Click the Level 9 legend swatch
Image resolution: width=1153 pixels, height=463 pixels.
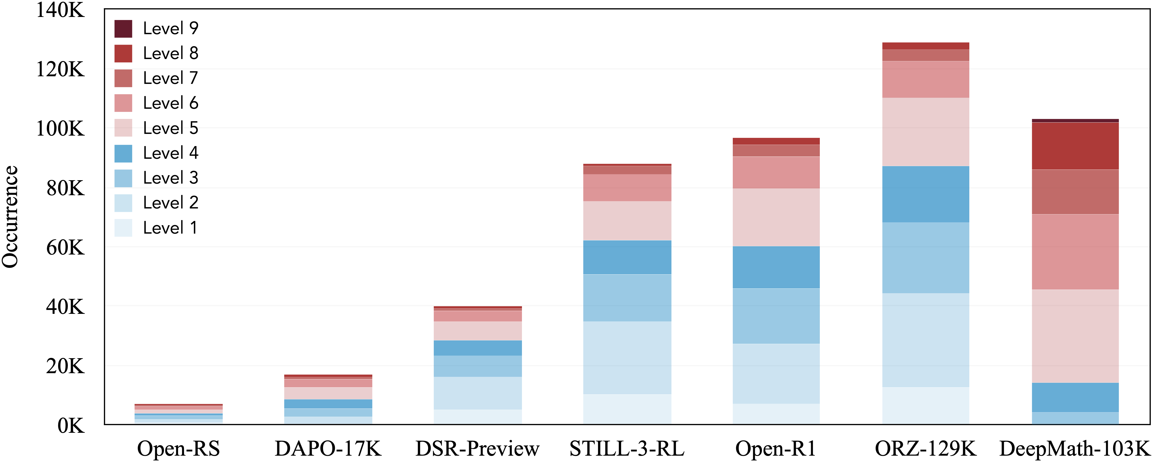click(123, 29)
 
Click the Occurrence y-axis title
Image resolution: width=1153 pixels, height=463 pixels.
click(10, 217)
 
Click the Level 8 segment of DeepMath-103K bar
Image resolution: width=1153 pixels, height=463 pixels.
click(1075, 146)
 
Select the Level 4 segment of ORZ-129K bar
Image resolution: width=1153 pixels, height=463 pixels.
click(926, 194)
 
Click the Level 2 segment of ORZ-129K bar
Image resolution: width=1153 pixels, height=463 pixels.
click(926, 340)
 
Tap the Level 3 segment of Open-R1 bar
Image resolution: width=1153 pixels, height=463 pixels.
click(776, 316)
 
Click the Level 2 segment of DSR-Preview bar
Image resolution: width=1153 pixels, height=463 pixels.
click(478, 393)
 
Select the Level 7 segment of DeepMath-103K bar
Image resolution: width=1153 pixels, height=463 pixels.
click(1075, 192)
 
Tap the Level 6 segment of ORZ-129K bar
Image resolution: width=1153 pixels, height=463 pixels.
click(926, 79)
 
